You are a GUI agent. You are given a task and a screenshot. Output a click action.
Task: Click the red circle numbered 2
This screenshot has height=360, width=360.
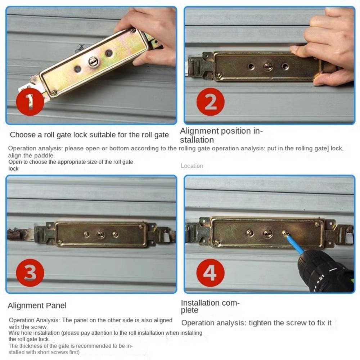point(211,102)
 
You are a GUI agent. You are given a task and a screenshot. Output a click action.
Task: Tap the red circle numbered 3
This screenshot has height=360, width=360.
point(30,273)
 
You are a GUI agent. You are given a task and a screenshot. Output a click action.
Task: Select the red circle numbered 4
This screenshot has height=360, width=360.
point(210,273)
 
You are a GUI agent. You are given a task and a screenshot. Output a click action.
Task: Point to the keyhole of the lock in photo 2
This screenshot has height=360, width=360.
point(268,67)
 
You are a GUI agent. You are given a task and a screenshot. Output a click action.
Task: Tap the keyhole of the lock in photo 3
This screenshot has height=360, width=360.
point(101,235)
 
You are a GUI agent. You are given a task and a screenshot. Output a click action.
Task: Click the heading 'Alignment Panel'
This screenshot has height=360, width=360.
point(37,306)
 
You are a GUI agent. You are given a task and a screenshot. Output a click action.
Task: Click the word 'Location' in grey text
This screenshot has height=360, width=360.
point(192,166)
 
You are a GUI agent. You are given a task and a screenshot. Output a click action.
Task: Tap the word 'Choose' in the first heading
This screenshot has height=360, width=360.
point(22,135)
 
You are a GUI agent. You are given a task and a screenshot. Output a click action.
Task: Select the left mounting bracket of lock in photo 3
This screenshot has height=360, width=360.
point(45,234)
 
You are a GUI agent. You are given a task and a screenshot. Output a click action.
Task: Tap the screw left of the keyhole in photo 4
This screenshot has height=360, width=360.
point(250,233)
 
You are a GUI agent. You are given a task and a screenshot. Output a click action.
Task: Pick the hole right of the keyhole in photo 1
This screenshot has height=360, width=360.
point(109,54)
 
